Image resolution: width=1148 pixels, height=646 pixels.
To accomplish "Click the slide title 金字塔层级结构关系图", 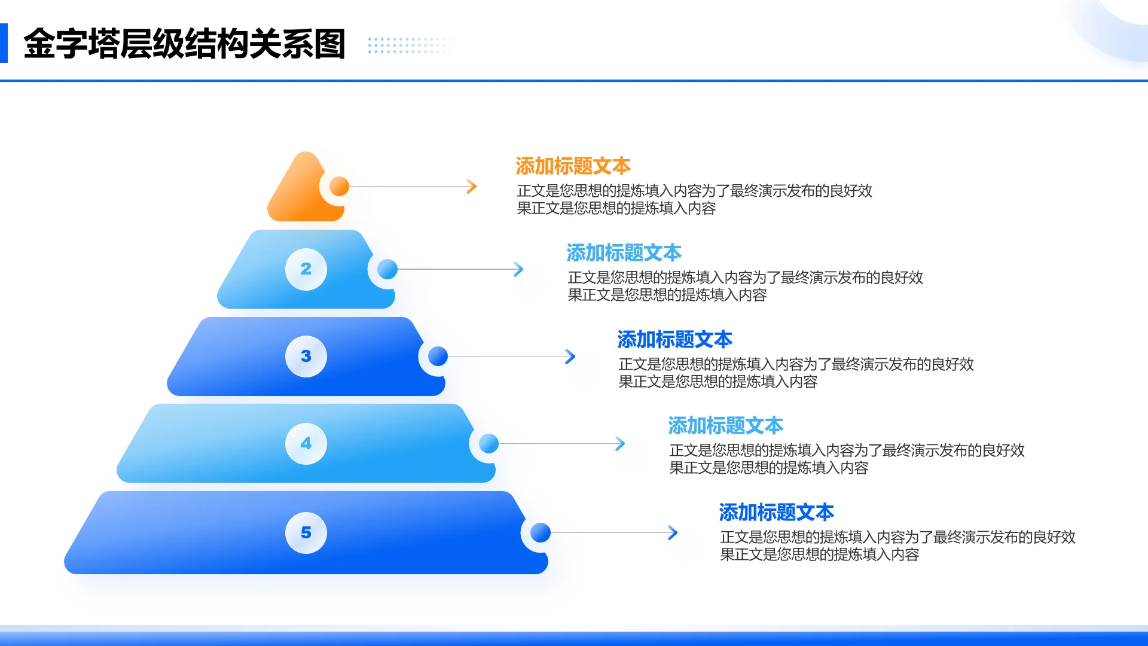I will click(184, 44).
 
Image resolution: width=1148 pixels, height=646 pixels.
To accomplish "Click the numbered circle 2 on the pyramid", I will click(306, 269).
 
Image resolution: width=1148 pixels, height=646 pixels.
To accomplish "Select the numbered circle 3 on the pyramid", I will click(306, 356).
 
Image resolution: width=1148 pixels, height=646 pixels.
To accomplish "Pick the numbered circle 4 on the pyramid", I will click(306, 443).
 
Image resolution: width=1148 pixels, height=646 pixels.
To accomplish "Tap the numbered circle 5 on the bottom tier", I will click(306, 532).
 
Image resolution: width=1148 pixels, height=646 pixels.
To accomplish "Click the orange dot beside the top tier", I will click(339, 186).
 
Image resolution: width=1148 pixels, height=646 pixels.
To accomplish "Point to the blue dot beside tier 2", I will click(387, 269).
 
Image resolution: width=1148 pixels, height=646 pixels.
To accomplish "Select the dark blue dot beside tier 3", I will click(438, 356).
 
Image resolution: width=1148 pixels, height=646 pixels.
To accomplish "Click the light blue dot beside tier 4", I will click(488, 443).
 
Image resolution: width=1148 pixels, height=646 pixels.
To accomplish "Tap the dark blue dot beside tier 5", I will click(540, 532).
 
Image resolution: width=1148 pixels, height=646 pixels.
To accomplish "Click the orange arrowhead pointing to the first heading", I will click(472, 186).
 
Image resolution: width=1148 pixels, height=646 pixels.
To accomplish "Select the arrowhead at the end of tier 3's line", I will click(570, 356).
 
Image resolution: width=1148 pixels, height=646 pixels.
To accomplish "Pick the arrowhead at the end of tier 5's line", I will click(673, 532).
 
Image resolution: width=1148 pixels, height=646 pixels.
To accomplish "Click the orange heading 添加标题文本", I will click(573, 166).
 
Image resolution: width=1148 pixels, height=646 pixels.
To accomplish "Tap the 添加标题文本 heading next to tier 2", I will click(624, 252).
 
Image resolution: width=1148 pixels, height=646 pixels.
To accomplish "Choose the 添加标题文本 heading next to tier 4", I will click(725, 425).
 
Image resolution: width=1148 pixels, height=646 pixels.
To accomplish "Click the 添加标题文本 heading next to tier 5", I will click(776, 512).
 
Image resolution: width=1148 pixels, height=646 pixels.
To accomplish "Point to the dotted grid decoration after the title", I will click(410, 45).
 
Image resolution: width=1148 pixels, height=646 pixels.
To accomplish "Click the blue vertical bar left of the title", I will click(4, 43).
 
